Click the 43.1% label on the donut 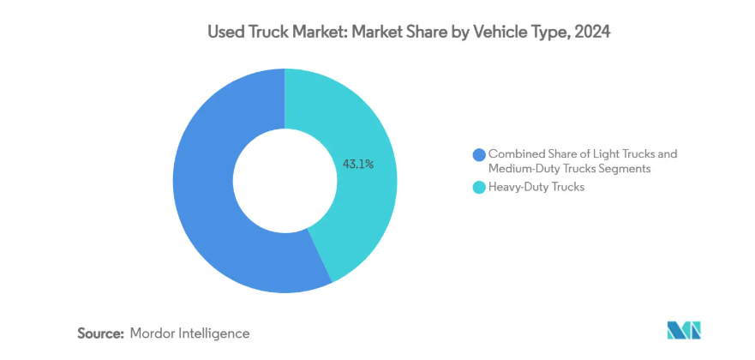pos(358,164)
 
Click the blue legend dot pos(478,154)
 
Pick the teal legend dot pos(478,187)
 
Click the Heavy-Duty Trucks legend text pos(536,187)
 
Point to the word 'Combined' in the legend pos(515,154)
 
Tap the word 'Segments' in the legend pos(626,169)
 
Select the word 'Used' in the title pos(224,33)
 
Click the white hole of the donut pos(285,181)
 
